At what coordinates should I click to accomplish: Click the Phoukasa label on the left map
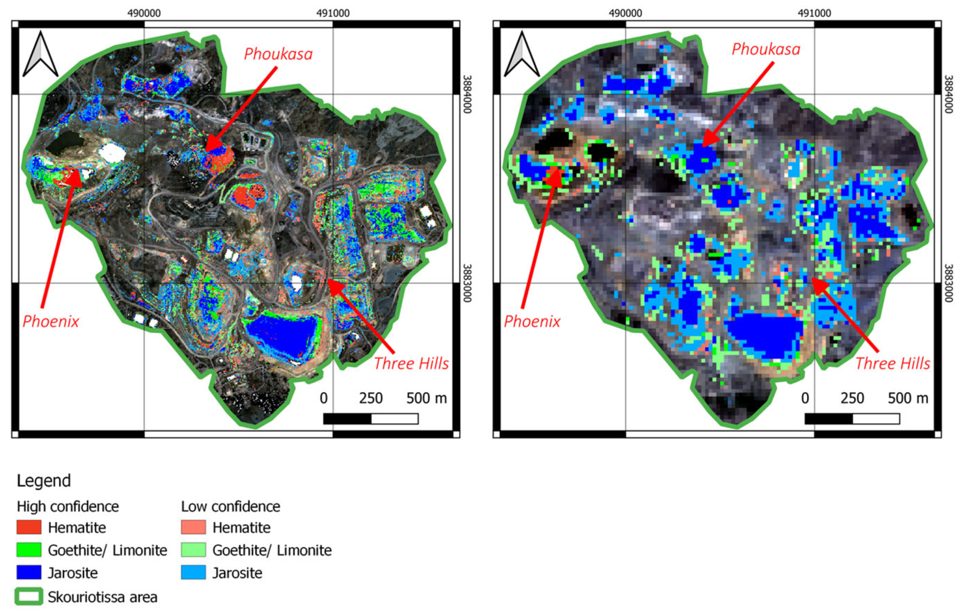click(278, 54)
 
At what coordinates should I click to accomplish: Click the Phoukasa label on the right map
click(766, 49)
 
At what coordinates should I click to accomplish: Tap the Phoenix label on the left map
click(51, 322)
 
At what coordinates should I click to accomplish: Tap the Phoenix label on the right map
click(532, 322)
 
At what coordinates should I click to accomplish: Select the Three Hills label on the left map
click(411, 364)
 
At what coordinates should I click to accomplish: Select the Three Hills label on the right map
click(892, 364)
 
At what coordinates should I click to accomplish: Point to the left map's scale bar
click(371, 419)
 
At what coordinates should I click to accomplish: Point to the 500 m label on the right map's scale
click(908, 398)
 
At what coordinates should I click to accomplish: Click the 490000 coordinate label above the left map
click(144, 13)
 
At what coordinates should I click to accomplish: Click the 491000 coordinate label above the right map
click(814, 13)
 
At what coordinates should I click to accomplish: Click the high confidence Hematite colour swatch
click(29, 527)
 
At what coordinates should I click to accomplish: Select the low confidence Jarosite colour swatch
click(193, 573)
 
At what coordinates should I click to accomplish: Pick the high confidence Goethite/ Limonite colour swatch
click(29, 550)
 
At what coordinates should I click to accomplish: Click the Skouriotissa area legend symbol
click(29, 597)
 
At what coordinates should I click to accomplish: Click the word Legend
click(43, 480)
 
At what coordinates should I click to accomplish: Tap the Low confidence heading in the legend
click(230, 506)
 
